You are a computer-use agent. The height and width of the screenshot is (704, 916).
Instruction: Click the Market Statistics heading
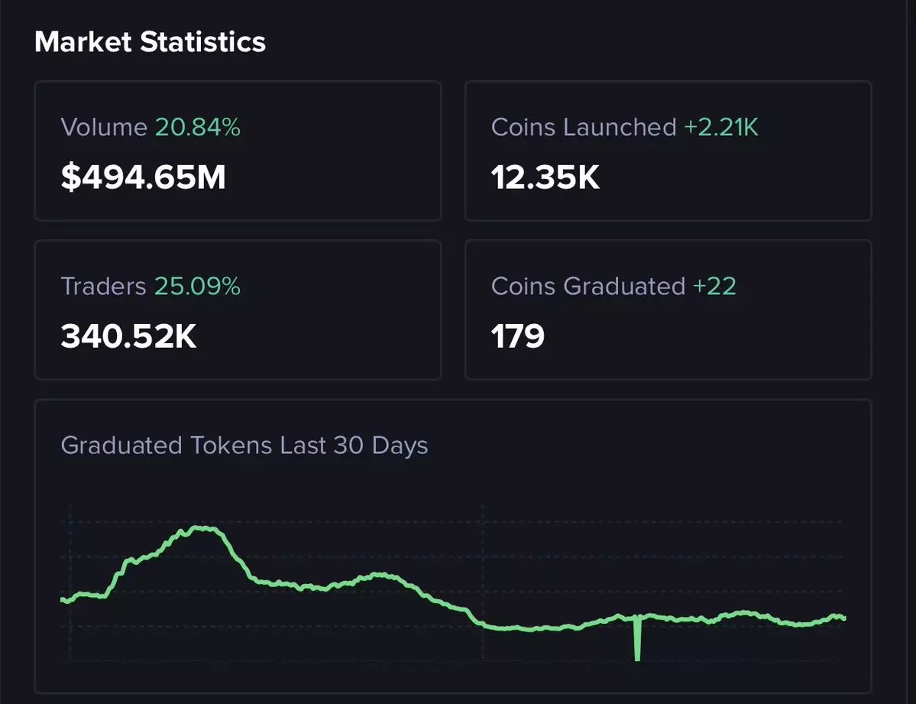(150, 42)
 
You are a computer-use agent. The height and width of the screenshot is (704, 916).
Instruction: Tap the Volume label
(104, 127)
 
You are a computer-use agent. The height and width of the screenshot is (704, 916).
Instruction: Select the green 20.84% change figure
(198, 127)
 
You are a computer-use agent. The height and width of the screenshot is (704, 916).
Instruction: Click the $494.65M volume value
(143, 177)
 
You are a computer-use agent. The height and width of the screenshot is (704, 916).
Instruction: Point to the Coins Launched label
(584, 127)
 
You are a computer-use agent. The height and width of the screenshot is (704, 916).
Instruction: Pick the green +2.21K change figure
(721, 127)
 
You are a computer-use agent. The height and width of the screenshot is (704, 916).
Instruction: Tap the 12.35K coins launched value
(545, 177)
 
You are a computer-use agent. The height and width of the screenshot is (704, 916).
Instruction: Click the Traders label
(103, 286)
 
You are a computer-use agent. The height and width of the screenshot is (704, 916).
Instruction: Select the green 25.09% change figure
(197, 286)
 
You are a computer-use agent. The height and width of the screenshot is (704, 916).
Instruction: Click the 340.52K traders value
(128, 336)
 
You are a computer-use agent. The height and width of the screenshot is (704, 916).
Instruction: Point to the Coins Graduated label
(588, 286)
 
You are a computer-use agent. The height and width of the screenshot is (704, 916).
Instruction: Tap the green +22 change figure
(714, 286)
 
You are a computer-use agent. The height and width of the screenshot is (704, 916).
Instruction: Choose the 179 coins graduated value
(518, 336)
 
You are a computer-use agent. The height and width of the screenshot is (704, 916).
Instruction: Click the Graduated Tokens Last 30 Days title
(244, 445)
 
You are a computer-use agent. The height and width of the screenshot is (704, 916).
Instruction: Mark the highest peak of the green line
(200, 528)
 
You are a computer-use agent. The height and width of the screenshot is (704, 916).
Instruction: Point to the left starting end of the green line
(63, 600)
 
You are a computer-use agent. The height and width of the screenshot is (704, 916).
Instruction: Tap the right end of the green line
(843, 618)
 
